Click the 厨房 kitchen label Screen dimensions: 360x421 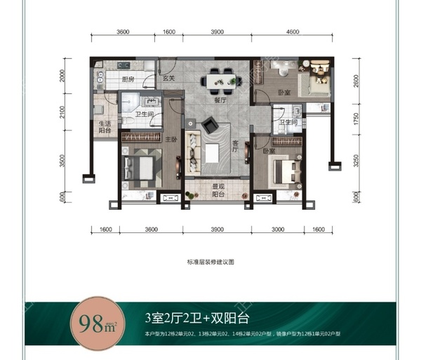(128, 80)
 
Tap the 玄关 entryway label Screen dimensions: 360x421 (168, 80)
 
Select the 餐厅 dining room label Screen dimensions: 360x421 (219, 100)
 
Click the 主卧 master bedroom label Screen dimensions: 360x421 (171, 140)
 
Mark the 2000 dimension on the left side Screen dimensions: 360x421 (62, 76)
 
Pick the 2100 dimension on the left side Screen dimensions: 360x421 (62, 112)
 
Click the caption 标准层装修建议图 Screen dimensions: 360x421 (210, 260)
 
